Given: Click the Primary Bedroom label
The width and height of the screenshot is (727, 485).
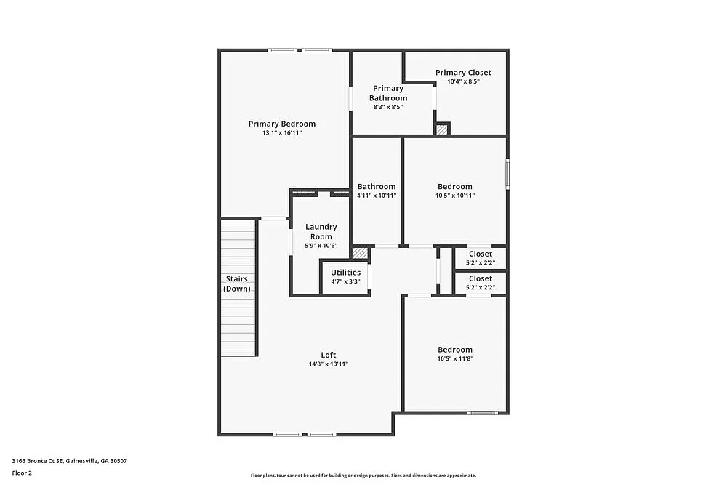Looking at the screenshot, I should point(282,124).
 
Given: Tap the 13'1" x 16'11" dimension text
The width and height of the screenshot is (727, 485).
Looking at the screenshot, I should point(282,133).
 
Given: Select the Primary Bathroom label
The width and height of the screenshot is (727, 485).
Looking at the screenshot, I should point(388,93).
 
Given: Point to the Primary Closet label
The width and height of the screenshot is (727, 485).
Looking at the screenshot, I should point(463,73).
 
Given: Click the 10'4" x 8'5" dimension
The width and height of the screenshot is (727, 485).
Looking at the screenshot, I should point(463,81).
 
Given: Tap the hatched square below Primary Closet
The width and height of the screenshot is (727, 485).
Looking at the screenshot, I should point(442,129).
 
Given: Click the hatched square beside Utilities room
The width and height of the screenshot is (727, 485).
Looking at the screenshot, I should point(359,253).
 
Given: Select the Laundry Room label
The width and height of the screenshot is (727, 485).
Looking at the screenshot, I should point(321,231).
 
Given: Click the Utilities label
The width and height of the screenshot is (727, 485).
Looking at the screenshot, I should point(345,273).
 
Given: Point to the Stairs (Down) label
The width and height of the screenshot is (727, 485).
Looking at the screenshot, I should point(237,284).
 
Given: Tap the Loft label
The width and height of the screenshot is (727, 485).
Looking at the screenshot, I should point(329,355).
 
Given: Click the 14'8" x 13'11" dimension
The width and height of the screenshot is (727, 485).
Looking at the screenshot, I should point(329,364).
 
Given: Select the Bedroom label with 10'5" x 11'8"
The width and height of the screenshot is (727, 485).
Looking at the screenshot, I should point(455,350).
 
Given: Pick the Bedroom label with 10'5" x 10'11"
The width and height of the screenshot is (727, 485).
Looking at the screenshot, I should point(455,187).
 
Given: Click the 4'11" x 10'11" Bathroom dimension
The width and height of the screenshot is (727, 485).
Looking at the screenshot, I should point(377,196).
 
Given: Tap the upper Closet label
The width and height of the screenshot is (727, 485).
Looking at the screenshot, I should point(480,254).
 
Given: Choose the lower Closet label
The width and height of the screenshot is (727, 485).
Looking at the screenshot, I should point(480,278).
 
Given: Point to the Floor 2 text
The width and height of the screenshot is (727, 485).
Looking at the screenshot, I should point(22,473).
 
